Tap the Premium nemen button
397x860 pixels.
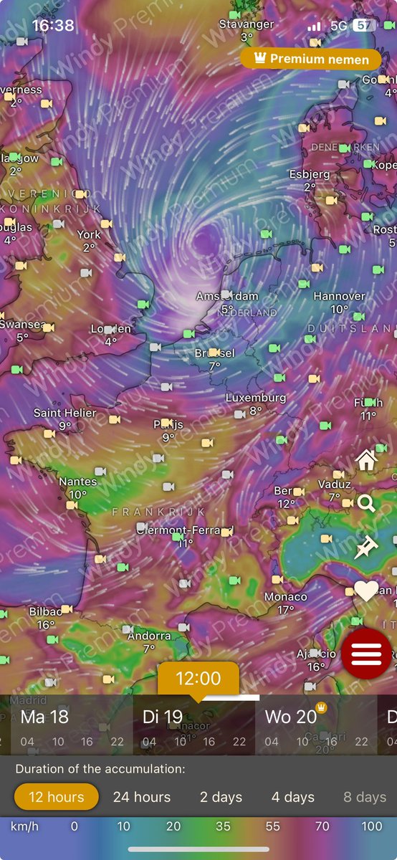coord(310,59)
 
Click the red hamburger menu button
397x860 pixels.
coord(366,654)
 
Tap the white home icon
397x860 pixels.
coord(366,460)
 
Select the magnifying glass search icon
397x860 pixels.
coord(366,504)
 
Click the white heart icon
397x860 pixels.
coord(366,591)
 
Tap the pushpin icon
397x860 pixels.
coord(366,548)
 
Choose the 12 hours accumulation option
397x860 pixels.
coord(56,797)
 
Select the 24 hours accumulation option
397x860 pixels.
coord(142,797)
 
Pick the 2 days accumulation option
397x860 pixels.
coord(221,797)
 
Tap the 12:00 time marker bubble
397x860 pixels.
coord(198,678)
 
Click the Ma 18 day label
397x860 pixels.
coord(44,716)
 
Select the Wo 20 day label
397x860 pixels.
coord(290,716)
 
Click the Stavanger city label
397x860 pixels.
coord(247,24)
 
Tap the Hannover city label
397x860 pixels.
coord(340,296)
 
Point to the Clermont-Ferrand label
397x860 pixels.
coord(185,530)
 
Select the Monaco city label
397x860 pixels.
coord(286,597)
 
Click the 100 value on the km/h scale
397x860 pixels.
coord(371,826)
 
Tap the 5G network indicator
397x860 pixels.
coord(338,26)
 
